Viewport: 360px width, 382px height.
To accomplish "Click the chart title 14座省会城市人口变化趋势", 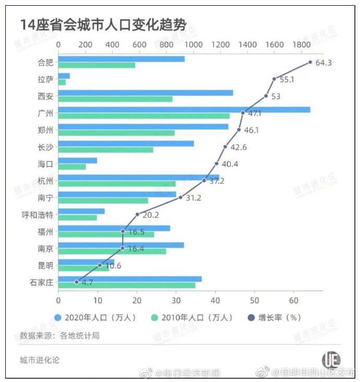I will (x=103, y=25).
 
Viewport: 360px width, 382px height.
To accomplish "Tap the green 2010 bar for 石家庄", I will (x=126, y=285).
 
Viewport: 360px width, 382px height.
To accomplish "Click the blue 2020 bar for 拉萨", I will (x=64, y=76).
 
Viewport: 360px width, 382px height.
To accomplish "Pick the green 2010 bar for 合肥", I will (x=97, y=65).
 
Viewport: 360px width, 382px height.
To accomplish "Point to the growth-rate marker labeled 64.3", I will (x=310, y=62).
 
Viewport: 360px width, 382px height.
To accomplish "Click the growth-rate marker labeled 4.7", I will (x=76, y=282).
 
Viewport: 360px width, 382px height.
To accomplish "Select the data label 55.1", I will (x=287, y=80).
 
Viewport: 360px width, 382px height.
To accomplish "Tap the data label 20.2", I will (x=150, y=214).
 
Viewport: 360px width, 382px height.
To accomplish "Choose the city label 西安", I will (x=45, y=96).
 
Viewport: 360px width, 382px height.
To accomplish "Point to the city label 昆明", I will (x=45, y=265).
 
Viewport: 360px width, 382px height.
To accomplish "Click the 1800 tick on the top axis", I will (x=301, y=45).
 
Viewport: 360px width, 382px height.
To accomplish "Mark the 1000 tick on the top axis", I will (x=193, y=45).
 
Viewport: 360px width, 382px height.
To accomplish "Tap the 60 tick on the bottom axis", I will (x=293, y=301).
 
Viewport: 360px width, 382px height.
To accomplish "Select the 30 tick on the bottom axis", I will (x=176, y=301).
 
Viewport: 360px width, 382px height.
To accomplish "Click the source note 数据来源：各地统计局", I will (x=59, y=336).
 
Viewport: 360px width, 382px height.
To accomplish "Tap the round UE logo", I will (x=331, y=360).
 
